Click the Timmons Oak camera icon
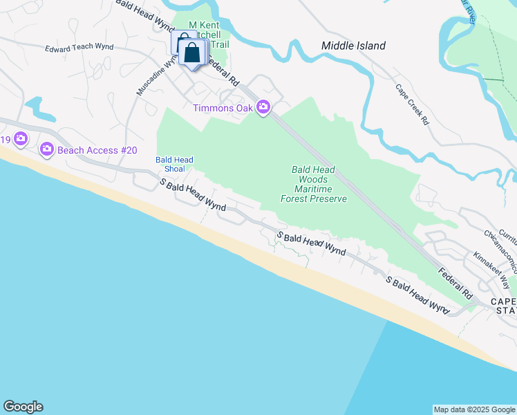coord(263,107)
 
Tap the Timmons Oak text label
coord(223,108)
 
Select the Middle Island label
coord(353,46)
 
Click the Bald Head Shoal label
coord(169,163)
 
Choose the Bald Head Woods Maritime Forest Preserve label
coord(314,184)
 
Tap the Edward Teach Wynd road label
coord(79,48)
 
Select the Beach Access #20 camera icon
coord(47,149)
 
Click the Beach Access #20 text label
coord(97,149)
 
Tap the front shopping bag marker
coord(192,52)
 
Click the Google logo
coord(23,407)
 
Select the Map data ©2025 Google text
coord(474,409)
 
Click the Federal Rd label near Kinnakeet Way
coord(455,279)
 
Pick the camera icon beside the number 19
coord(21,139)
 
